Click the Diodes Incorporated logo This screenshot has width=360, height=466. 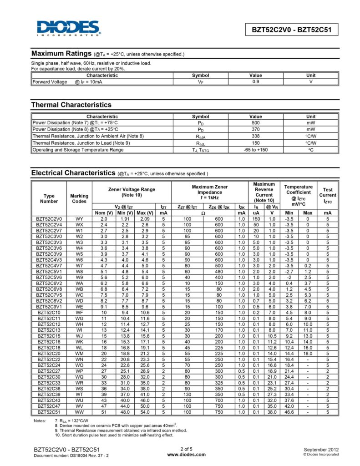click(x=69, y=28)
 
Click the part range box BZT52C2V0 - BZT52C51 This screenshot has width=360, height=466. click(x=292, y=30)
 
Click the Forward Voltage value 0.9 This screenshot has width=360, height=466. click(x=255, y=82)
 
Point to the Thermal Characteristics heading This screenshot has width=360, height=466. click(x=71, y=105)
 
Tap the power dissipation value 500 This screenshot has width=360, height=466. click(x=255, y=122)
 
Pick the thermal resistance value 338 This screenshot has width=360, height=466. click(x=255, y=136)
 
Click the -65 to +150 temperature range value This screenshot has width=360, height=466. click(x=255, y=149)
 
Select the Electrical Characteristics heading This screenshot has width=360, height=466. click(x=73, y=173)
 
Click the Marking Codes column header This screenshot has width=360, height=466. click(x=79, y=198)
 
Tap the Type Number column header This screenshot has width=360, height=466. click(x=49, y=198)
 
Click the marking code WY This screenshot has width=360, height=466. click(x=79, y=219)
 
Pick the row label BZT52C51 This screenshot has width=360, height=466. click(x=49, y=412)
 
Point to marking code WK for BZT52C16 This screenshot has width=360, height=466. click(x=79, y=340)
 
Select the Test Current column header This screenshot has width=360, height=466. click(x=328, y=195)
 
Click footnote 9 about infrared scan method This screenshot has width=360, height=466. click(x=121, y=430)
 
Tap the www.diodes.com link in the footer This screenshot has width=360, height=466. click(x=186, y=454)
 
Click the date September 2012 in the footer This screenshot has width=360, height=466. click(x=321, y=449)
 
